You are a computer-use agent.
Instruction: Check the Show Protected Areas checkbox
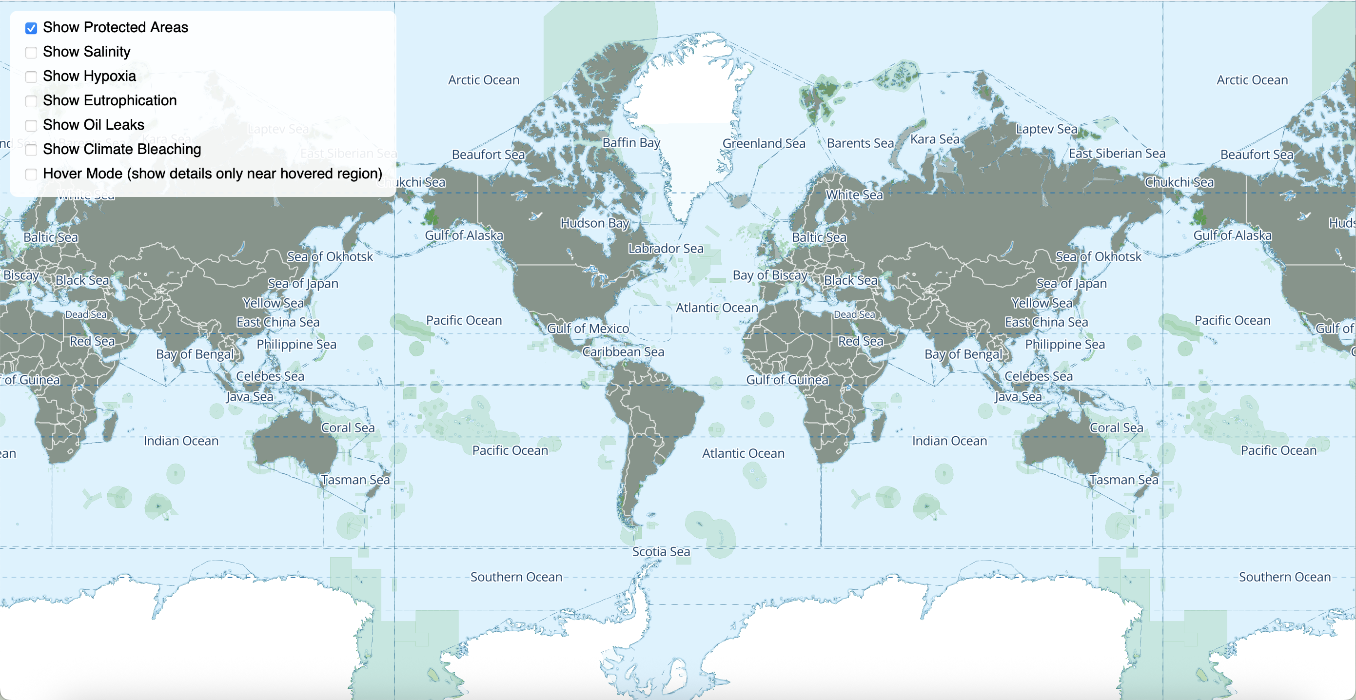31,28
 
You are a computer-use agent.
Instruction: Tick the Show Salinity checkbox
31,52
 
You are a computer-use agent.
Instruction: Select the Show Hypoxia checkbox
31,77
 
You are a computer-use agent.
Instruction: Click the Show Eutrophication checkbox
31,101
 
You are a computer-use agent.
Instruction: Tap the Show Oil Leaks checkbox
31,125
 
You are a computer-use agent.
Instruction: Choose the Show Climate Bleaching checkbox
31,150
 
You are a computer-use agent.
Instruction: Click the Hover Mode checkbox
31,174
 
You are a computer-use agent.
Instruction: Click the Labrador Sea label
666,249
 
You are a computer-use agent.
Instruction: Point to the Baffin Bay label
630,143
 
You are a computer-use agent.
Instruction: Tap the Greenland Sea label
763,143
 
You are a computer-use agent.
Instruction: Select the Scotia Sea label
661,552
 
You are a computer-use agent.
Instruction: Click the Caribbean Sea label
623,351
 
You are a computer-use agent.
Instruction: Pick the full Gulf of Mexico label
588,329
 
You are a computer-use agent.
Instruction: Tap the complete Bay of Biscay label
769,275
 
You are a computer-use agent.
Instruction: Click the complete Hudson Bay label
594,223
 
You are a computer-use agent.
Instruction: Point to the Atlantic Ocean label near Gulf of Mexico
716,308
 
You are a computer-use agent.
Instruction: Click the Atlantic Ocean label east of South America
743,453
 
